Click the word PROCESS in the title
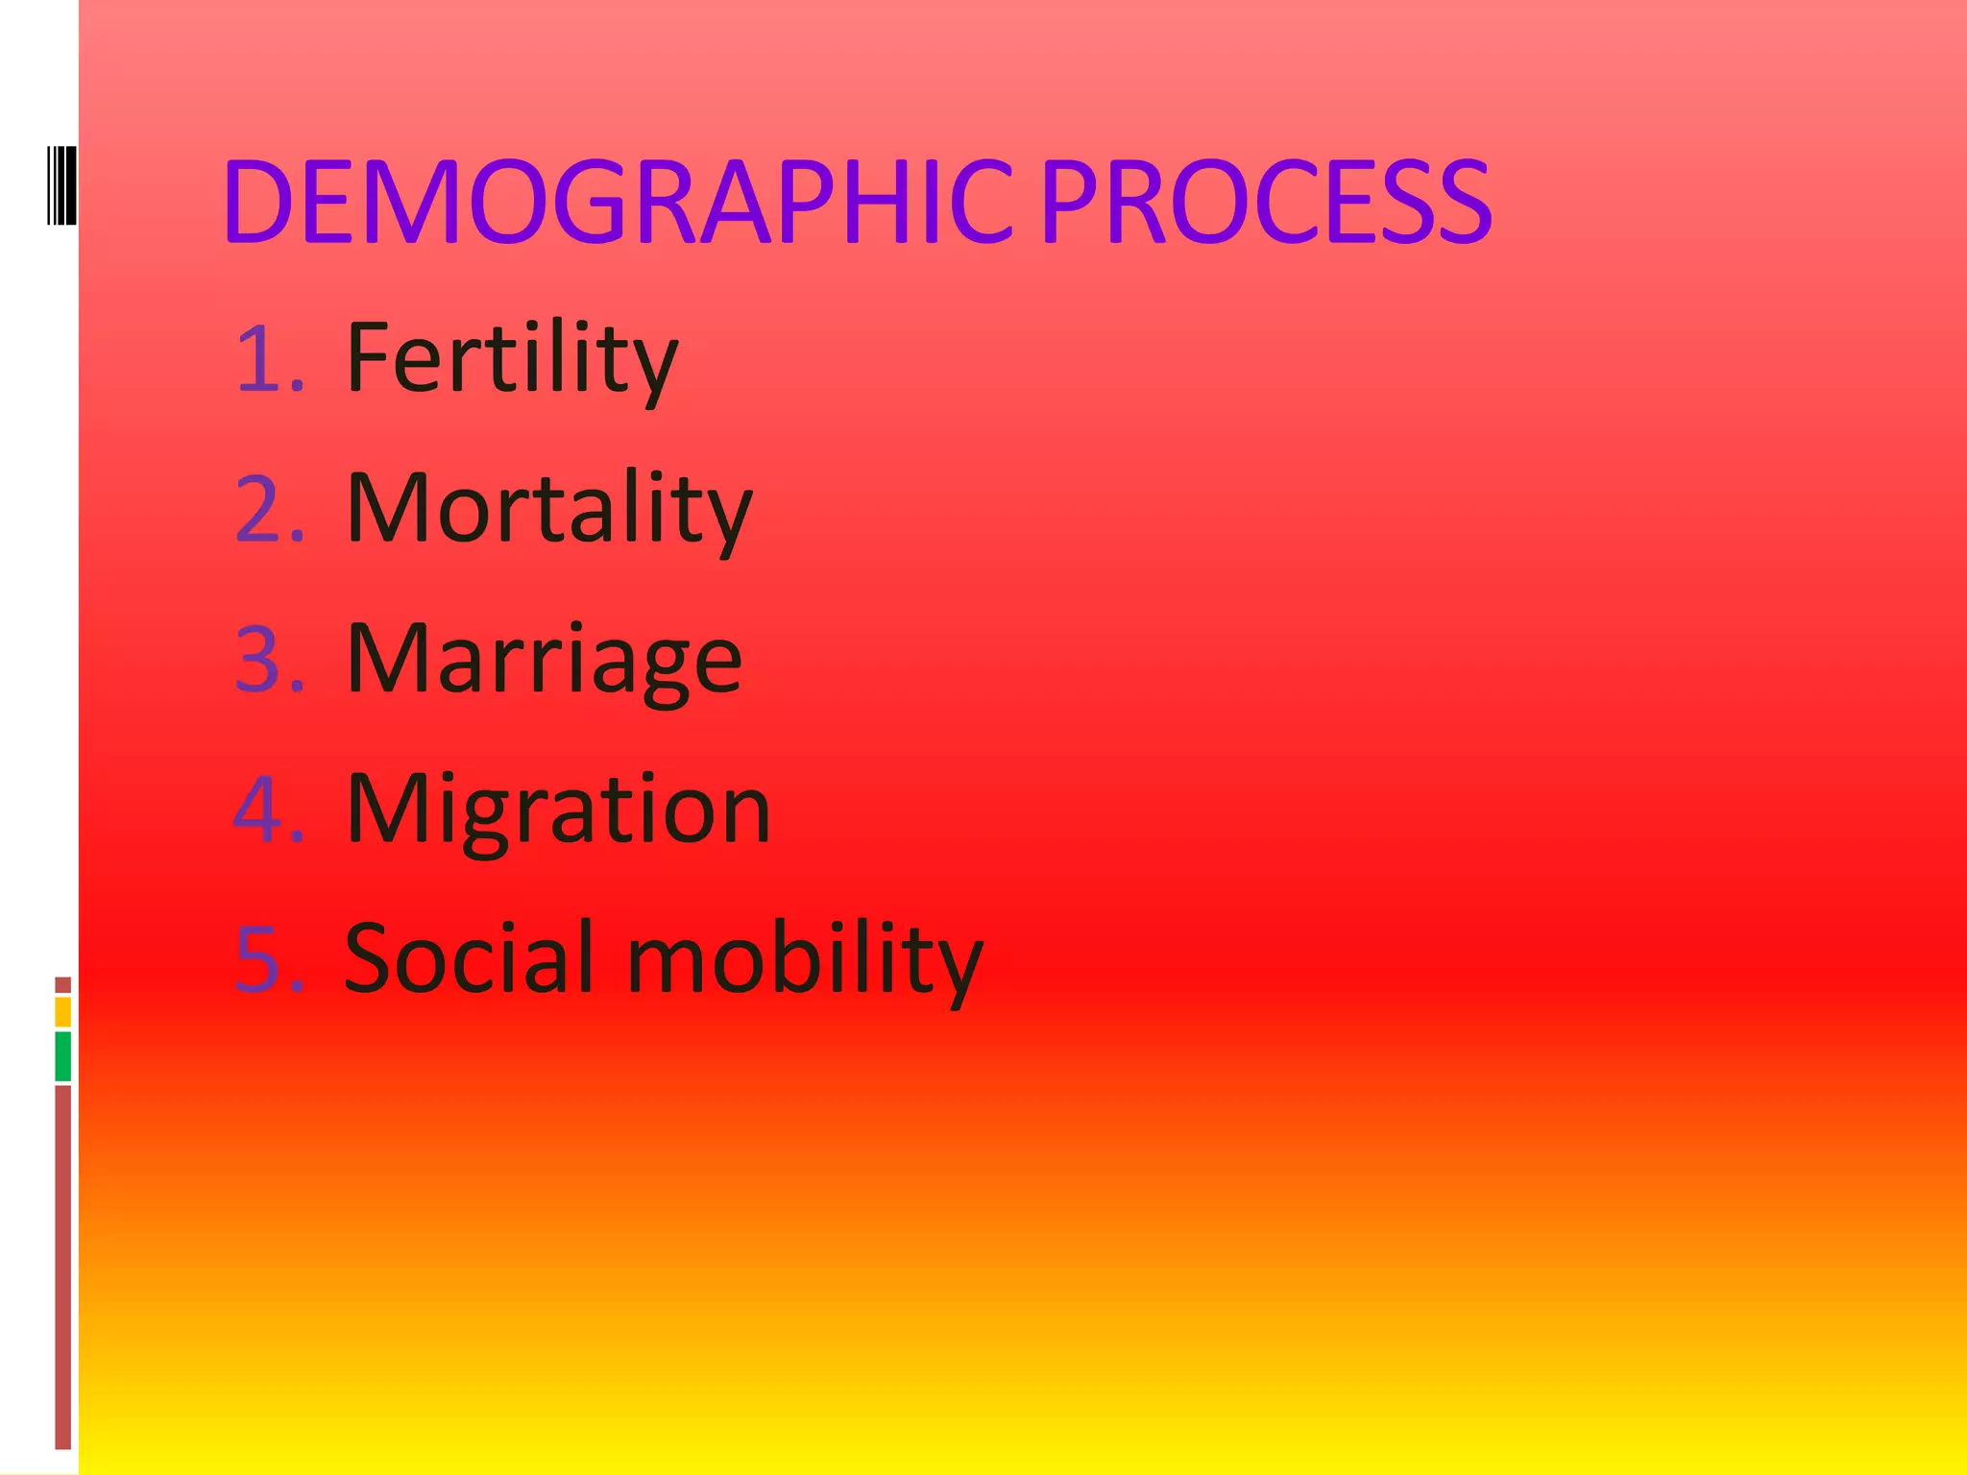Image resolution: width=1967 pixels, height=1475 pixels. [1266, 203]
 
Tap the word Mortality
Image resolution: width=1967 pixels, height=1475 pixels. [548, 509]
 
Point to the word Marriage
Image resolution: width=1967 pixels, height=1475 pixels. [544, 660]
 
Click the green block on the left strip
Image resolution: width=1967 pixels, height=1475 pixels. [63, 1056]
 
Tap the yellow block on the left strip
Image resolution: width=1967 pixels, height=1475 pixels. [63, 1011]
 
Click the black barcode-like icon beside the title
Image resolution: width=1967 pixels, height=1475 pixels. [61, 184]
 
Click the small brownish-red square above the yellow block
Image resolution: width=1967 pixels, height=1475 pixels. [63, 984]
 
